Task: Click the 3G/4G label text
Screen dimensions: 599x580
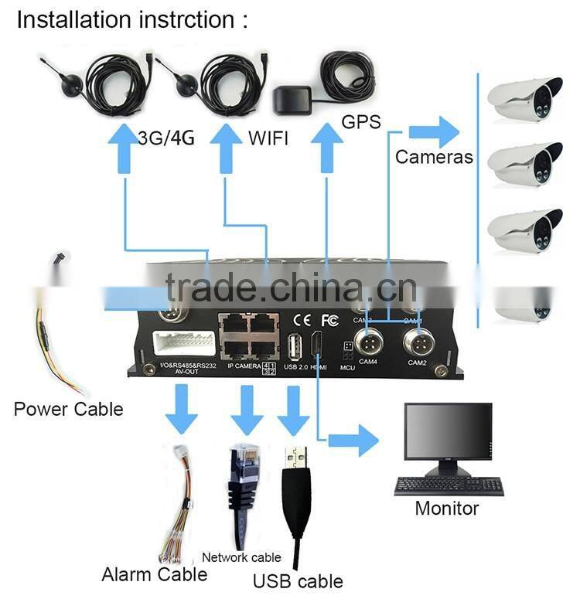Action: pyautogui.click(x=165, y=138)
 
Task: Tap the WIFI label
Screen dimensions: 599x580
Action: pyautogui.click(x=268, y=138)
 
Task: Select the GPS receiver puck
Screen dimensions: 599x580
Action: pyautogui.click(x=292, y=100)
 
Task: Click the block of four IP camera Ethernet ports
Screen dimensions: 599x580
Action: pyautogui.click(x=247, y=333)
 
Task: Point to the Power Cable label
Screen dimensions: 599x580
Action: pyautogui.click(x=68, y=408)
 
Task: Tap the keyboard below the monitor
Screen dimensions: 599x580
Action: pyautogui.click(x=449, y=486)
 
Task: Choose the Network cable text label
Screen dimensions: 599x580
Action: pyautogui.click(x=241, y=556)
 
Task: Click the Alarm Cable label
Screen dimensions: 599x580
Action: pyautogui.click(x=155, y=574)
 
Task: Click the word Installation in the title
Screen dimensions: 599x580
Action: pyautogui.click(x=65, y=19)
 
